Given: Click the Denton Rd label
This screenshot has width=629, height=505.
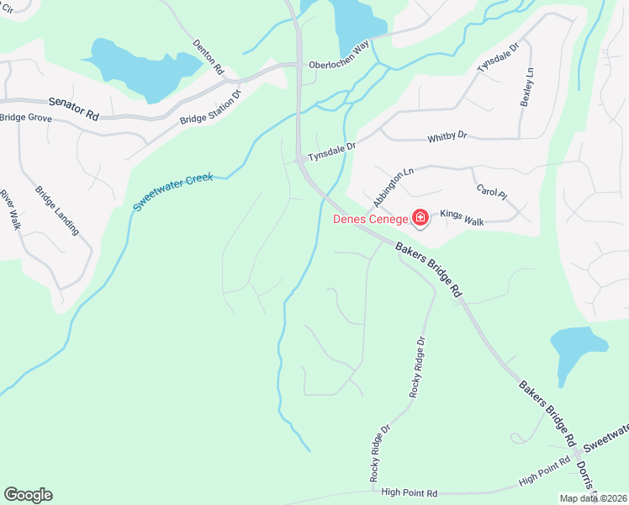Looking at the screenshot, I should click(208, 56).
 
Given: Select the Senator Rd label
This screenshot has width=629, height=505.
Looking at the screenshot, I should click(74, 106).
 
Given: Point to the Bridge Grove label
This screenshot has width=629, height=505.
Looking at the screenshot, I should click(26, 119).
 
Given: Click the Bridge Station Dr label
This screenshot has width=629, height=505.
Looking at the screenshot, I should click(210, 107).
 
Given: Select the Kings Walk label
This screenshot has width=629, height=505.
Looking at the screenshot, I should click(462, 219).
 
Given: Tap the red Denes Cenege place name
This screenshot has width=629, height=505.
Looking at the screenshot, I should click(371, 220).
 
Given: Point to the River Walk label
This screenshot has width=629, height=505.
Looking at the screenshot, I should click(10, 210).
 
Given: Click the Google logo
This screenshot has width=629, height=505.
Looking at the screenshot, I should click(28, 495).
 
